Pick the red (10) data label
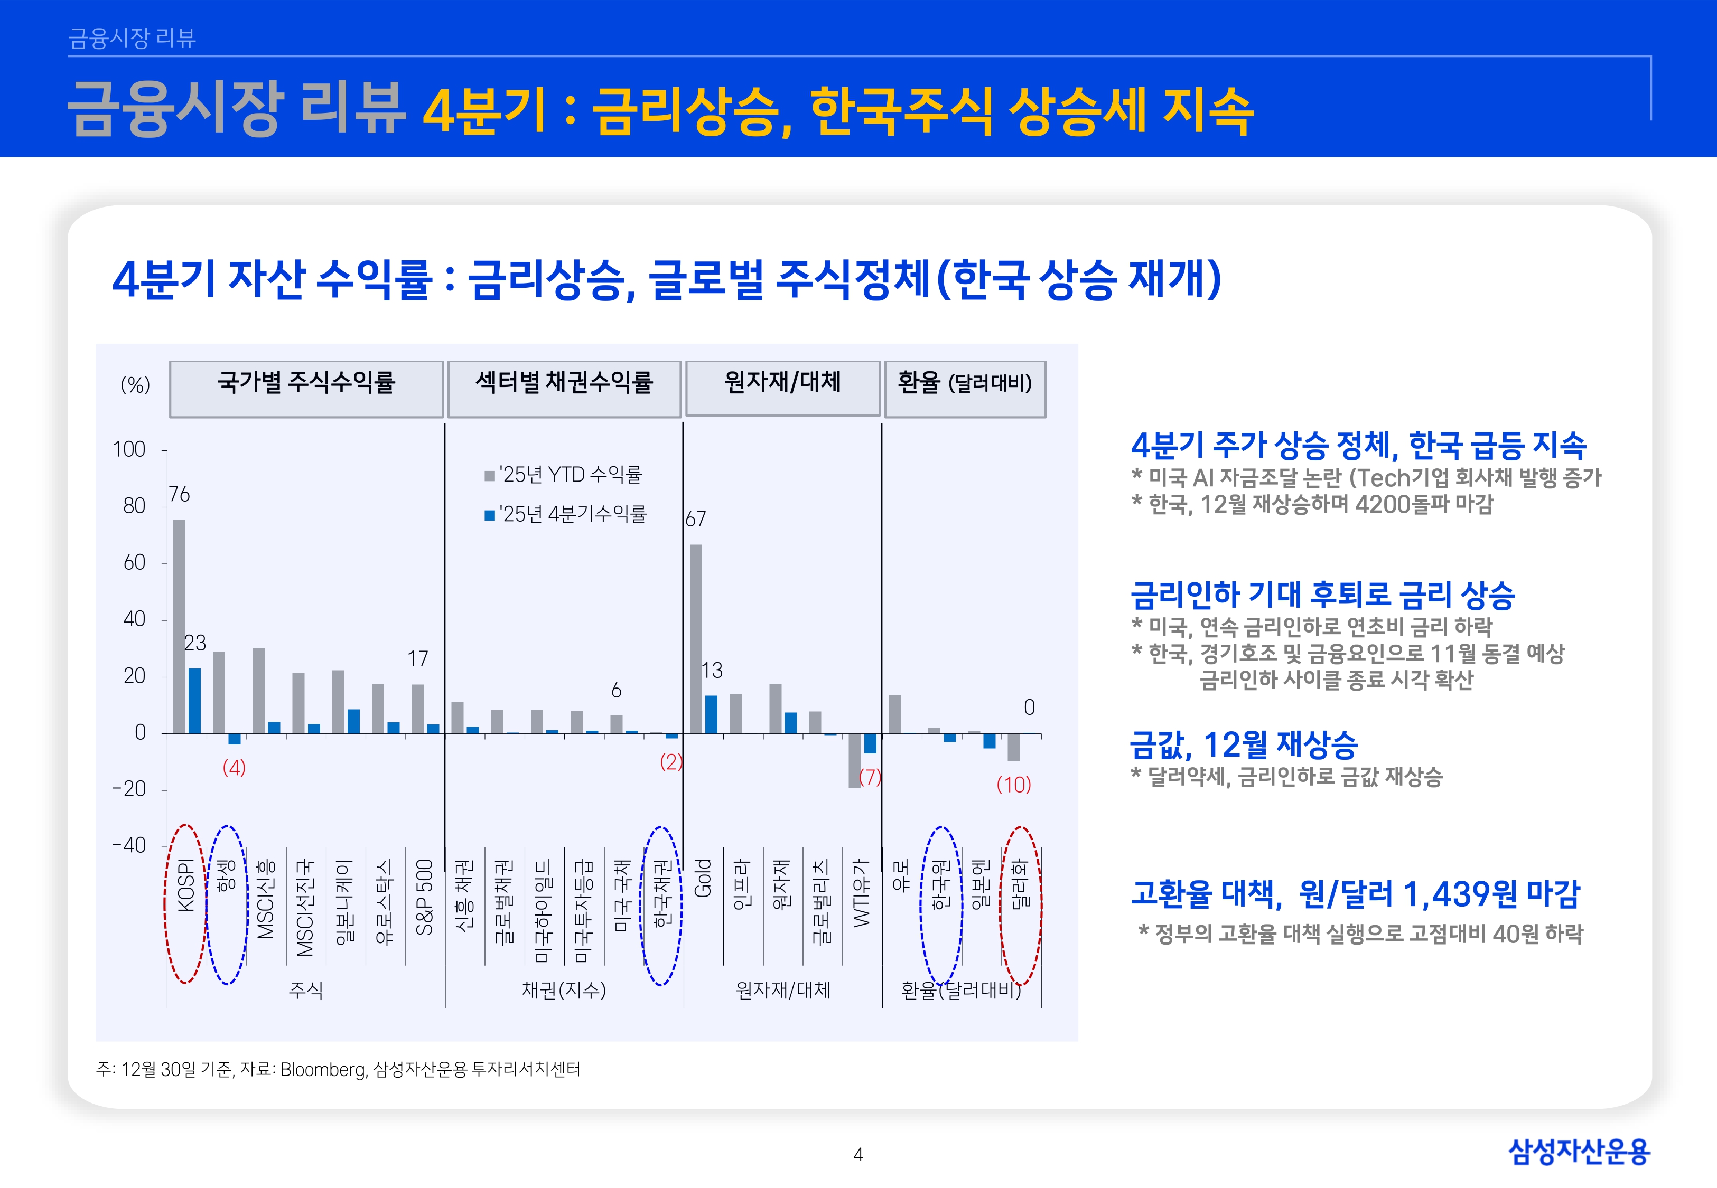pos(1013,785)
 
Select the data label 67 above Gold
pos(695,519)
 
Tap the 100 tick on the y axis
pos(129,450)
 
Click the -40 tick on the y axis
pos(129,846)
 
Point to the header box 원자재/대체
pos(782,388)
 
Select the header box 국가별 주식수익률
pos(306,388)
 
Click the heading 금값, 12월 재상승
pos(1244,744)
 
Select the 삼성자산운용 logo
pos(1579,1152)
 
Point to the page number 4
pos(858,1155)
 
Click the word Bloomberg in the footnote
pos(322,1070)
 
